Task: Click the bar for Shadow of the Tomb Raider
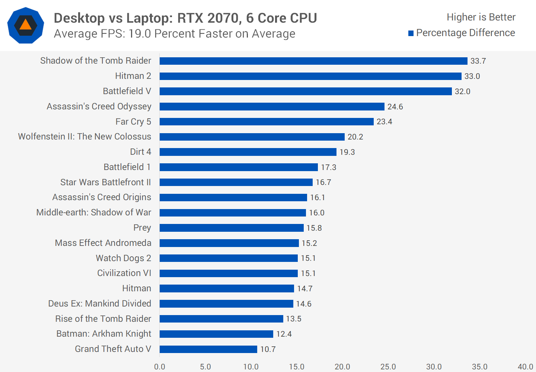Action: [313, 61]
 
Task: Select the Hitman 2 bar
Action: [310, 76]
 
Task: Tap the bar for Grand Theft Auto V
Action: [208, 349]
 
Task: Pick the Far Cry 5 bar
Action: [267, 122]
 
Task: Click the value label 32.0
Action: [462, 92]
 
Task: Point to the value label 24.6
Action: [395, 107]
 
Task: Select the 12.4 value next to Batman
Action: [284, 334]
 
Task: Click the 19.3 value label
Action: [347, 152]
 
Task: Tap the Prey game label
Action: [142, 228]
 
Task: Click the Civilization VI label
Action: [124, 273]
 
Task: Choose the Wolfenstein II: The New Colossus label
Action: [84, 137]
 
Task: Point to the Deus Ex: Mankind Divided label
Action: [99, 304]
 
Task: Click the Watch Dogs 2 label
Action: [123, 258]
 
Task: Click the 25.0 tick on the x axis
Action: [388, 367]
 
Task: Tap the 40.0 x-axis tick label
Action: [525, 367]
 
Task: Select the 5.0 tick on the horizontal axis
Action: [205, 367]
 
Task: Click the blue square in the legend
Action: [411, 33]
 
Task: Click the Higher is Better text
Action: [481, 17]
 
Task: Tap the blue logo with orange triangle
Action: [26, 25]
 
